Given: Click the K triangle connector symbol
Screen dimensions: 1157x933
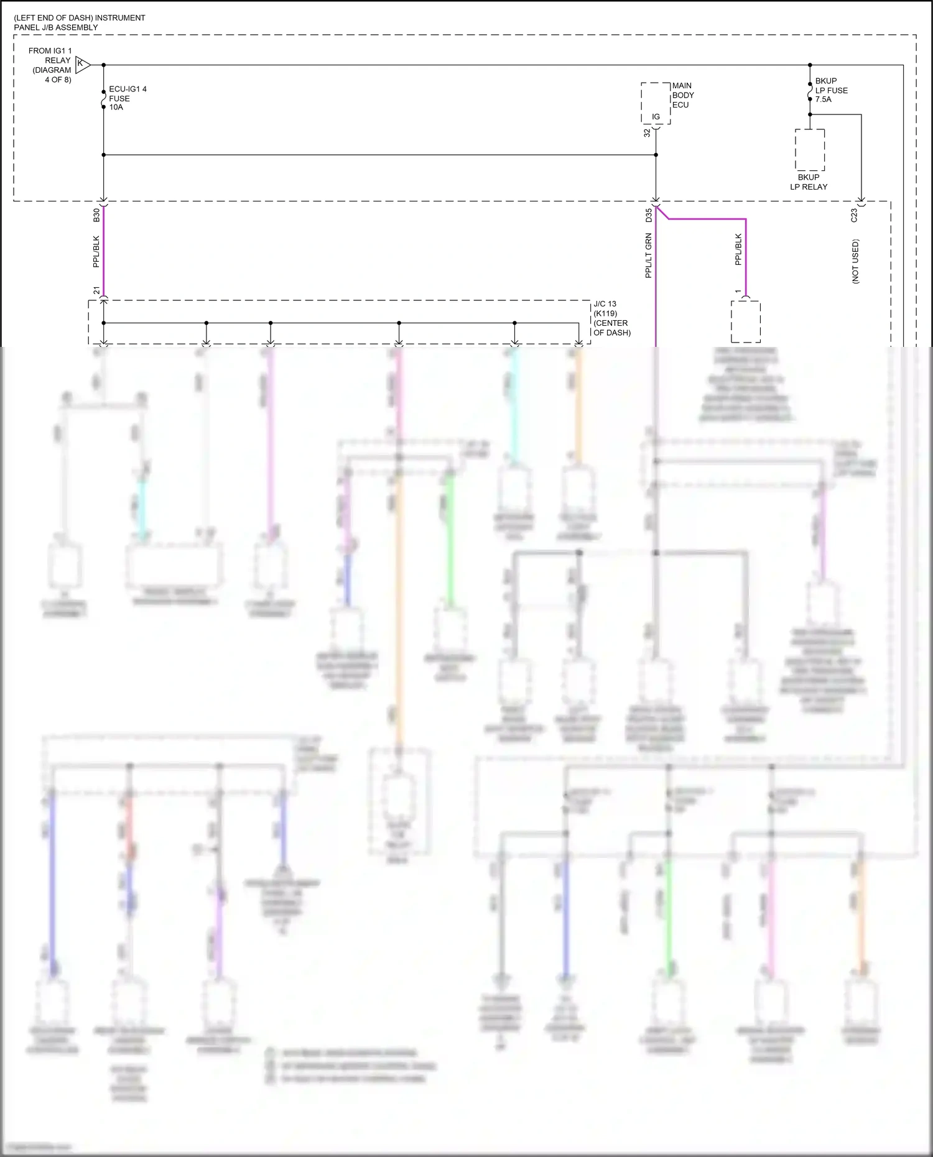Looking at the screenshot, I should coord(82,64).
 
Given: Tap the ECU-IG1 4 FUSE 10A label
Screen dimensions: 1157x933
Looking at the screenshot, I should coord(128,98).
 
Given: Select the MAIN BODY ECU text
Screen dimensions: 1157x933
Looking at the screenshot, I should coord(682,95).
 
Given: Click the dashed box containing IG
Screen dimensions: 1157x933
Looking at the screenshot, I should coord(656,103).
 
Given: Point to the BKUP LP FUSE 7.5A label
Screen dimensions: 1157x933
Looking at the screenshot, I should coord(831,90).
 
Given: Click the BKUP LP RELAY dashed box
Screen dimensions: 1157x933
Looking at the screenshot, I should coord(810,150).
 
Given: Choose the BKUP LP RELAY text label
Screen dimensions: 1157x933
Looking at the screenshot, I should coord(809,182).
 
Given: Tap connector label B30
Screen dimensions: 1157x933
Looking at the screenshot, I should coord(96,215).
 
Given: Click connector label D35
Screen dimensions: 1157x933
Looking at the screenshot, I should coord(649,215).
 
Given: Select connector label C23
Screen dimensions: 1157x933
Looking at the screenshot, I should coord(854,215).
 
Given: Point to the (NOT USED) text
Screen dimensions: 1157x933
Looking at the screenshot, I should coord(855,261).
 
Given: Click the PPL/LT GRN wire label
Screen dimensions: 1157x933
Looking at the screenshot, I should coord(648,255).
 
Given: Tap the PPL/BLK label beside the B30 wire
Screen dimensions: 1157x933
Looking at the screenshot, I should coord(96,251).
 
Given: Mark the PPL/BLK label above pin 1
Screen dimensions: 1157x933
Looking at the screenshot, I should coord(738,249).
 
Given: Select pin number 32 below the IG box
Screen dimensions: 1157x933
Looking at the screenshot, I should coord(647,132).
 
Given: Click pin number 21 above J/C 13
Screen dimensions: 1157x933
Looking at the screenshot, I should coord(96,290).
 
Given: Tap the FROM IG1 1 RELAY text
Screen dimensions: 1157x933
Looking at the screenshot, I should coord(51,65).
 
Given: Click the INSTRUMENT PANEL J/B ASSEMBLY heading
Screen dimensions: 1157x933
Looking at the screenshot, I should coord(80,22).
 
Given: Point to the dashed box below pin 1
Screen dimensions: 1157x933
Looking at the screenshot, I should coord(745,321).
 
